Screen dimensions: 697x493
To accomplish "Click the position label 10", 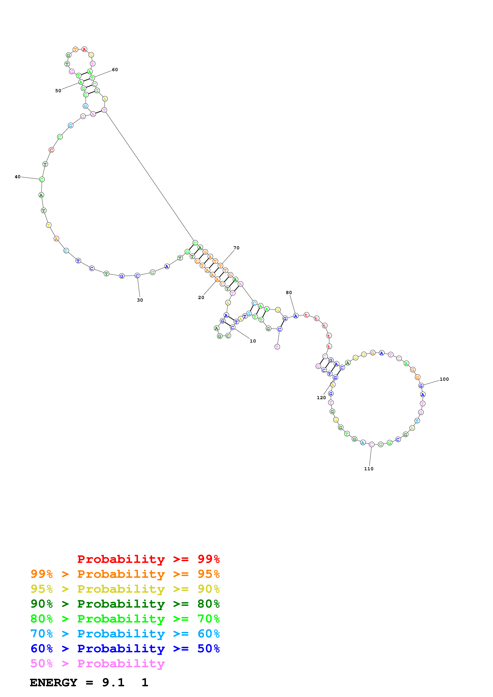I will [253, 341].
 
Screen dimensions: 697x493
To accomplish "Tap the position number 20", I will [201, 297].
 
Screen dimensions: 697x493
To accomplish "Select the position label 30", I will [140, 300].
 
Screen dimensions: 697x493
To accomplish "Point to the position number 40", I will [18, 177].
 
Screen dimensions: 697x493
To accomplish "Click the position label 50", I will [58, 90].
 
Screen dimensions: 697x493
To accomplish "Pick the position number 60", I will [115, 70].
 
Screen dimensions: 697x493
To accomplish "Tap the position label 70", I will [236, 248].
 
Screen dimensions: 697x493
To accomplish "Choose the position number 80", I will [289, 292].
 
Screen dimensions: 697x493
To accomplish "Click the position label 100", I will [444, 379].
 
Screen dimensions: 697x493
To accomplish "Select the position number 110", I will [369, 469].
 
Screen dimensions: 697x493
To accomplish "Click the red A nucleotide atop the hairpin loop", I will [84, 49].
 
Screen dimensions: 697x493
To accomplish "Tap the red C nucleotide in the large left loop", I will [51, 150].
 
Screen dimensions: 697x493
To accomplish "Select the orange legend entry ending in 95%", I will [125, 574].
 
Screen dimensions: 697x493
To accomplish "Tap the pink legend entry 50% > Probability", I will [97, 663].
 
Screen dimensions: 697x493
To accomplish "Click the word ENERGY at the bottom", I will [53, 682].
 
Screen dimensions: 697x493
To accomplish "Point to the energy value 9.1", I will [113, 682].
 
